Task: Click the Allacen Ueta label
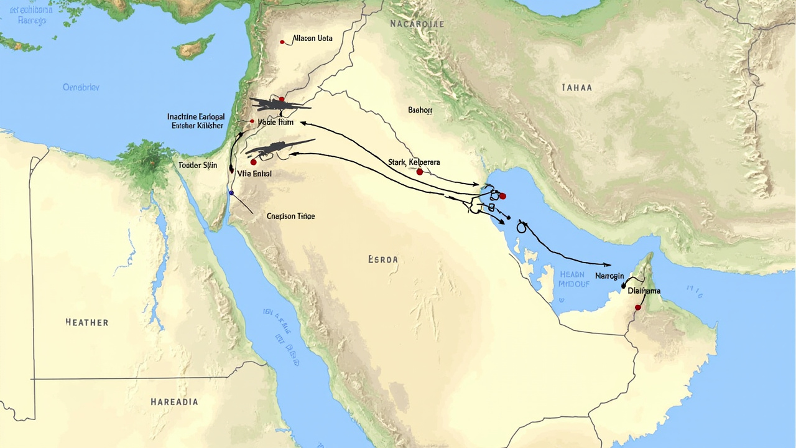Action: (x=312, y=39)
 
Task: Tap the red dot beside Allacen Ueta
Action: (x=282, y=42)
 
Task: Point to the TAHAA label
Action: (x=576, y=88)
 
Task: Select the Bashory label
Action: (x=420, y=110)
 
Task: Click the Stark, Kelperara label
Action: (x=414, y=162)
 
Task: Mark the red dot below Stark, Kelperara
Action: (x=420, y=172)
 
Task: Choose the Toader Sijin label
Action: (x=198, y=165)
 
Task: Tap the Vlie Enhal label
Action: (x=254, y=174)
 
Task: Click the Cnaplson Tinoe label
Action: (x=290, y=217)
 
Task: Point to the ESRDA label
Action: (x=382, y=259)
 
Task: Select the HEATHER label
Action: (x=87, y=322)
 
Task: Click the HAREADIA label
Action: (x=174, y=402)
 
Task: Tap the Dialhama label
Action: (x=644, y=291)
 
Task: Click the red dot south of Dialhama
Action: (x=637, y=307)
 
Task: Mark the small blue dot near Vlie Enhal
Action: (x=231, y=193)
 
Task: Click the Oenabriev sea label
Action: (x=81, y=88)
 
